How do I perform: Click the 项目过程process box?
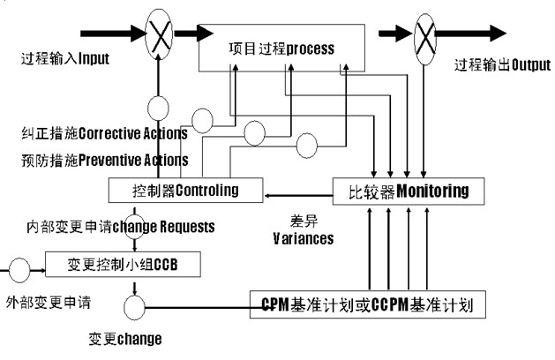pyautogui.click(x=282, y=49)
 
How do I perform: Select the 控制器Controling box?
pyautogui.click(x=185, y=190)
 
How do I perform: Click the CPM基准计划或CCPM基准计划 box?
pyautogui.click(x=368, y=305)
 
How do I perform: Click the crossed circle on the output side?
pyautogui.click(x=423, y=36)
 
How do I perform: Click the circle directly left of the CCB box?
pyautogui.click(x=17, y=264)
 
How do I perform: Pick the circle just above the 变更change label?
pyautogui.click(x=134, y=308)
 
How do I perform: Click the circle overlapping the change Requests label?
pyautogui.click(x=135, y=224)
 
